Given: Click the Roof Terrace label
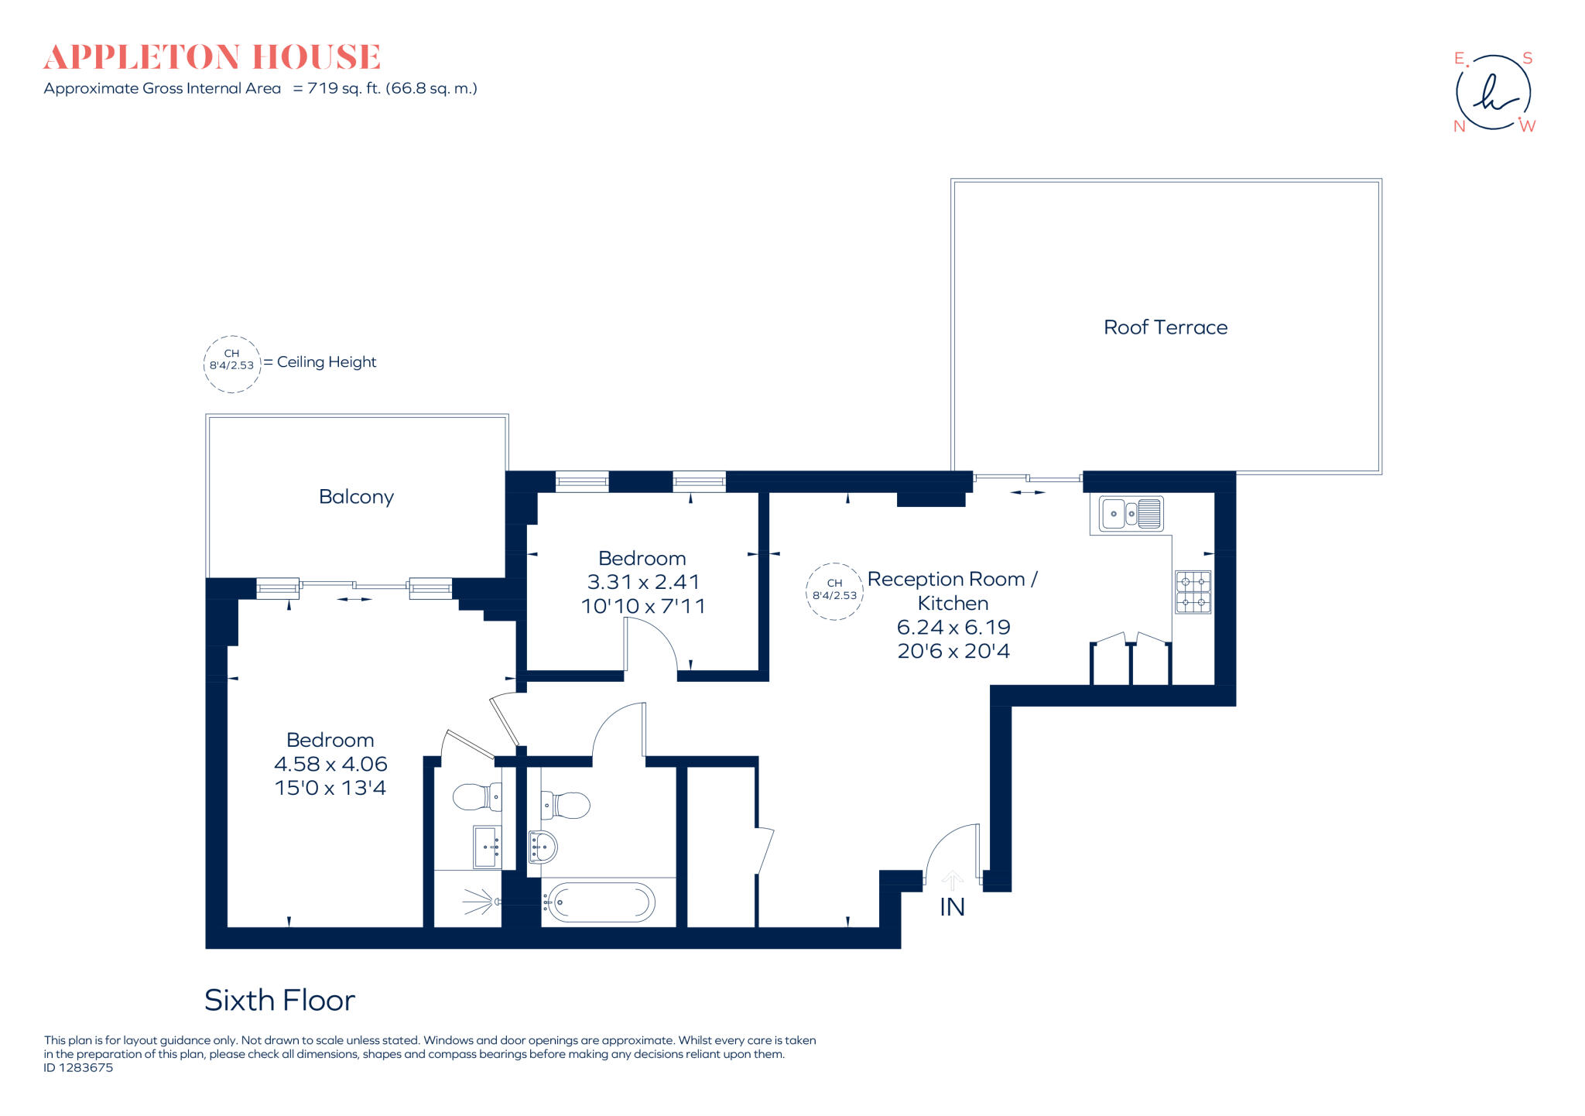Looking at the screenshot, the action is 1166,327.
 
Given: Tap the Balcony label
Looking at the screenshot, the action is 356,497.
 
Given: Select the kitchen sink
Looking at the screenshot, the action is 1131,513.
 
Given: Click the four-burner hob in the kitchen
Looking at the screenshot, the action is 1193,592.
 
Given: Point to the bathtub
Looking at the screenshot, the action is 598,902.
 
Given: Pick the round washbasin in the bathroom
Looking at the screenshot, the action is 543,847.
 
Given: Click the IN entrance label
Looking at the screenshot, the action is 952,907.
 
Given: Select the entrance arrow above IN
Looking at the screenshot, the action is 952,881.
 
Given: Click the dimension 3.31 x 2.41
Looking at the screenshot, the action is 643,582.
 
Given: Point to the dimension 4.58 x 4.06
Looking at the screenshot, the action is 330,764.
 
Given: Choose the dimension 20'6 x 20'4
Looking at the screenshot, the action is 953,651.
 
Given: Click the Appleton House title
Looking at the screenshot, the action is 212,57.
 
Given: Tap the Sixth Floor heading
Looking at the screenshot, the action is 279,1001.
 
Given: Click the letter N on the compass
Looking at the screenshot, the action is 1460,126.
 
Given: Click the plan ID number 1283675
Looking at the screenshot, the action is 86,1068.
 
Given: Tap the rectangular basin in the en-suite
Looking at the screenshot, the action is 487,847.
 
